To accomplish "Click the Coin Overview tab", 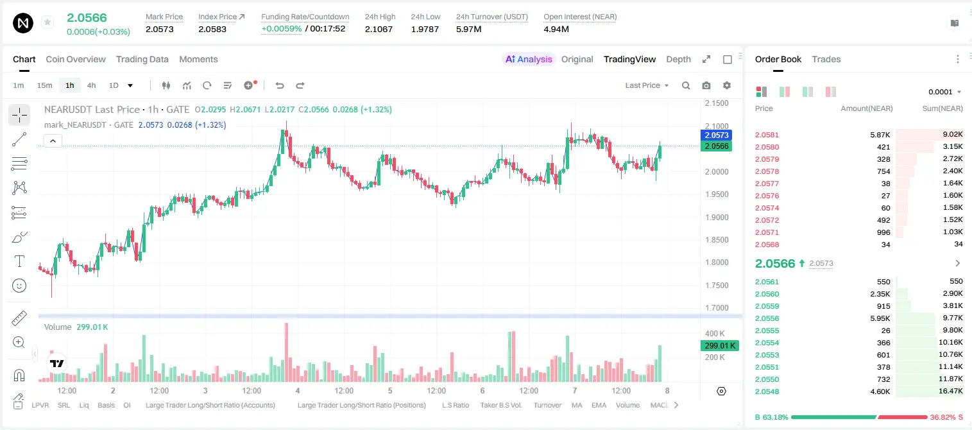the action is tap(76, 59).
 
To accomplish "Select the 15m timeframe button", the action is tap(44, 85).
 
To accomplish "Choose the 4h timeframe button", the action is tap(91, 85).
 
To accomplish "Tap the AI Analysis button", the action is tap(529, 59).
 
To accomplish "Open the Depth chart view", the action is tap(678, 59).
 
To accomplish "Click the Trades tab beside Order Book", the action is tap(826, 59).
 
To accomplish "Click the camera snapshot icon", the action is tap(706, 85).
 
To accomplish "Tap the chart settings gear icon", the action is tap(727, 85).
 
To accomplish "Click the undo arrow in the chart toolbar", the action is tap(280, 85).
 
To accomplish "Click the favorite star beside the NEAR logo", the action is tap(47, 22).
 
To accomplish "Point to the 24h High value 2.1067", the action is tap(379, 29).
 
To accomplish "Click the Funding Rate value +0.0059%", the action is tap(281, 29).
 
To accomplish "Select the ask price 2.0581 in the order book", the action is tap(767, 135).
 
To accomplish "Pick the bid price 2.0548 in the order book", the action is tap(767, 391).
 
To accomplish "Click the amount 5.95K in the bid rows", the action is tap(880, 318).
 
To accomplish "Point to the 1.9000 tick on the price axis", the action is tap(717, 217).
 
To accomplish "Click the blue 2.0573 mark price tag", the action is tap(717, 135).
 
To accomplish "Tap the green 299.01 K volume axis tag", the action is tap(719, 346).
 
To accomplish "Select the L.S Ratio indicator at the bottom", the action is tap(455, 405).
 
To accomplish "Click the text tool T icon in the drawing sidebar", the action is tap(19, 261).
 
